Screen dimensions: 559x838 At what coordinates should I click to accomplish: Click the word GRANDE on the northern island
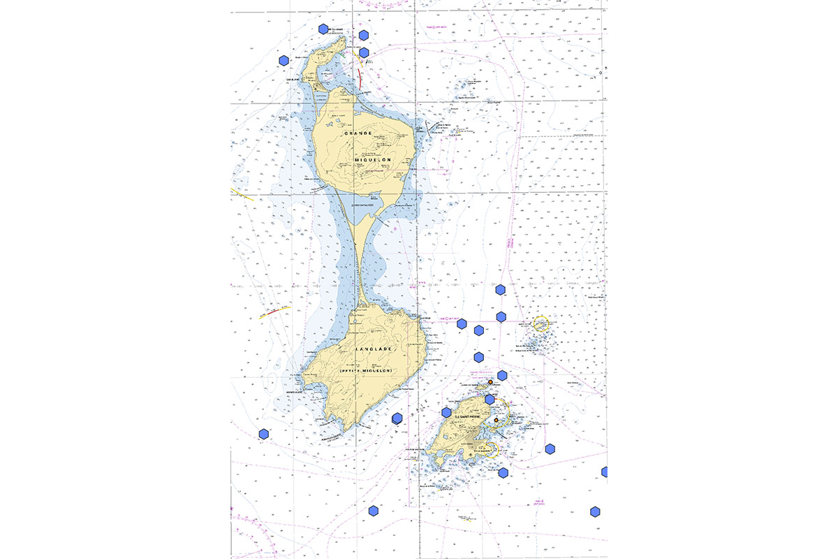point(355,133)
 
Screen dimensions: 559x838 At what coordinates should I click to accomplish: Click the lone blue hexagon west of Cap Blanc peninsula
point(284,61)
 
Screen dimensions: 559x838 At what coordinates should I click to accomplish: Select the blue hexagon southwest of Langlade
point(264,434)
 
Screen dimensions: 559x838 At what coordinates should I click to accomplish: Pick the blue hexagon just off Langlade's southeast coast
point(397,418)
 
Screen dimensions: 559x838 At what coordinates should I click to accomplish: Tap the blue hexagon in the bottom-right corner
point(595,511)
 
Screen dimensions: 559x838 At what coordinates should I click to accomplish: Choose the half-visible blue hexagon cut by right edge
point(604,472)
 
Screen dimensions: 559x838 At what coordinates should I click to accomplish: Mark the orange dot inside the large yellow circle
point(497,421)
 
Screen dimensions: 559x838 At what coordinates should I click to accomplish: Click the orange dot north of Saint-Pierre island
point(490,382)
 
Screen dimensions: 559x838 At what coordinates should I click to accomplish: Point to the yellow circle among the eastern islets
point(540,323)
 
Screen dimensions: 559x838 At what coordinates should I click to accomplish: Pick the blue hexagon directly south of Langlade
point(374,511)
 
